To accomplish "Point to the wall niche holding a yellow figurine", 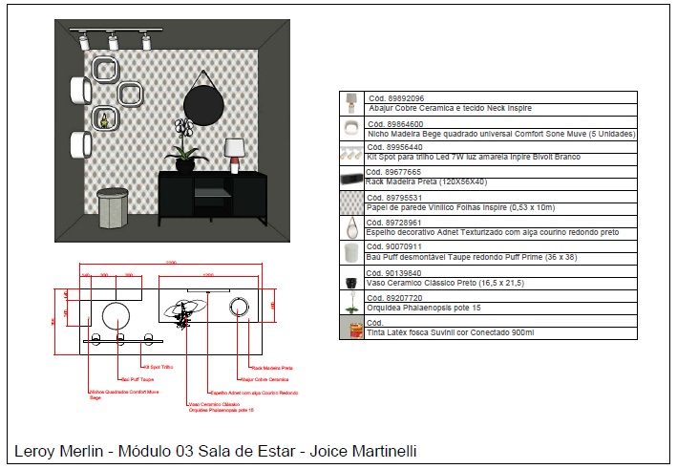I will [x=102, y=118].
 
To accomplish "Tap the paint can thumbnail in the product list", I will [x=350, y=328].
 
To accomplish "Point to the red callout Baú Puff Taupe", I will [x=135, y=379].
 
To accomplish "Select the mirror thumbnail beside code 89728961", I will [x=350, y=229].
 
